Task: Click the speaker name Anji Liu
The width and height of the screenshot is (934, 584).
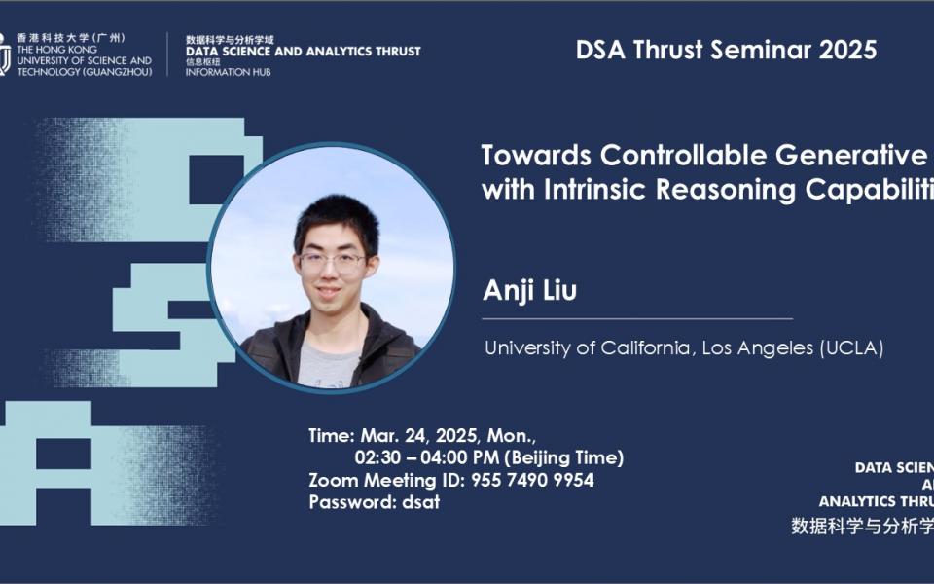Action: point(529,291)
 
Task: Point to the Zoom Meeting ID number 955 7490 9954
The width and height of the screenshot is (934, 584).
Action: point(532,480)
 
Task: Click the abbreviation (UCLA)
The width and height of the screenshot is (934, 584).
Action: point(852,348)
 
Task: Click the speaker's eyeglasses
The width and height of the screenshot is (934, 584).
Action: point(332,261)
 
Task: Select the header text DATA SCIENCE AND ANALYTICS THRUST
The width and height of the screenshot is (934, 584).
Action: point(304,51)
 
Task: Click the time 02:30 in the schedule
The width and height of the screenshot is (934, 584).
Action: point(377,457)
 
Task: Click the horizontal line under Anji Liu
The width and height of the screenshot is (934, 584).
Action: point(637,318)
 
